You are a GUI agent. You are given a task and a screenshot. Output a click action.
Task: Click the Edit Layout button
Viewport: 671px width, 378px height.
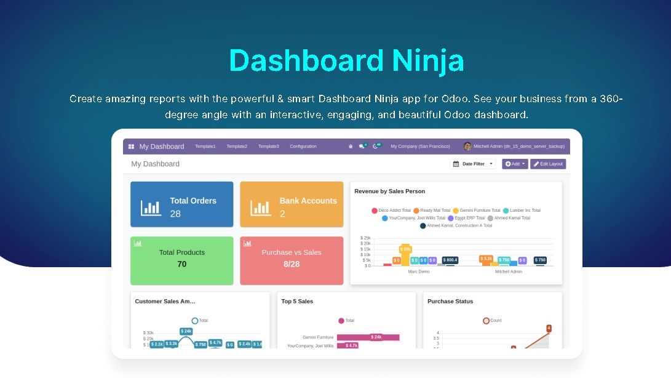[548, 164]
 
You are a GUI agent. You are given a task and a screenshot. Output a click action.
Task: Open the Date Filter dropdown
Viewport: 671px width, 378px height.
[472, 164]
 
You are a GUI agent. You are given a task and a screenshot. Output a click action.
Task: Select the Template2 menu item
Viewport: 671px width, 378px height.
[237, 147]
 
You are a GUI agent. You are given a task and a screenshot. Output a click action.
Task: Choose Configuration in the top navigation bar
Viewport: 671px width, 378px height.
[303, 147]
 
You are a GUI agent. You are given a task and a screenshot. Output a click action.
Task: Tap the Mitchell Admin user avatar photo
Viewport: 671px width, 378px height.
[467, 147]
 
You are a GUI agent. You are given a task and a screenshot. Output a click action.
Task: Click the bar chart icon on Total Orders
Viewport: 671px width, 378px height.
[150, 207]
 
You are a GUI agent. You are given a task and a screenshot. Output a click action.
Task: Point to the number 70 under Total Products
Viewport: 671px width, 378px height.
[181, 264]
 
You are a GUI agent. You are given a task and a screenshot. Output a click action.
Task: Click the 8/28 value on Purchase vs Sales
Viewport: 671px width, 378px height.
[292, 264]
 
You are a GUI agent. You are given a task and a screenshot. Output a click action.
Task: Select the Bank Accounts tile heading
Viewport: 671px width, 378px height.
[308, 201]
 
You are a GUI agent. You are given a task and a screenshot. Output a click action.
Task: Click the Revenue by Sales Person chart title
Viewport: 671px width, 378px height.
[390, 191]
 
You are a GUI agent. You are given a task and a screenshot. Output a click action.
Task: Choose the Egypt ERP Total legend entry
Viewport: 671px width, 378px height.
[467, 218]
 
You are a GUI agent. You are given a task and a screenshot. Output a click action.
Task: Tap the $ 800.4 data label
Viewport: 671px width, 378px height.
[450, 260]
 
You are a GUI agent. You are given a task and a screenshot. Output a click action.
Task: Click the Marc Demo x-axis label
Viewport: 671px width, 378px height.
[419, 271]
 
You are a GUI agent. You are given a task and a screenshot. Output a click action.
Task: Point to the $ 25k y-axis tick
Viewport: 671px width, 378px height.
[365, 238]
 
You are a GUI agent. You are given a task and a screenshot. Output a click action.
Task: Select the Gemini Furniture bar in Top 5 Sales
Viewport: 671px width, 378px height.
[368, 337]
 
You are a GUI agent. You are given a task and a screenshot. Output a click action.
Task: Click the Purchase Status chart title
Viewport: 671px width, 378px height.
[450, 302]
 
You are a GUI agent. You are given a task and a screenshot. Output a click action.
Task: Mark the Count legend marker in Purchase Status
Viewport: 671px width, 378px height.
[486, 321]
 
